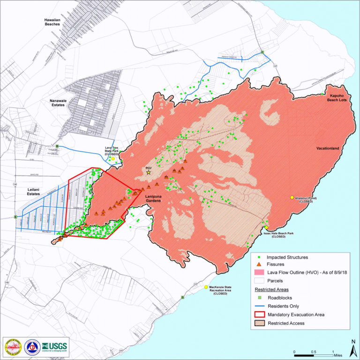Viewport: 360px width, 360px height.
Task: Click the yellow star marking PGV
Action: pyautogui.click(x=149, y=173)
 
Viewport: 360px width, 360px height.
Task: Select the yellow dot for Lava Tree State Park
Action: pyautogui.click(x=113, y=159)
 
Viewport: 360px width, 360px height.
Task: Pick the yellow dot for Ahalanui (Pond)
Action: pyautogui.click(x=292, y=198)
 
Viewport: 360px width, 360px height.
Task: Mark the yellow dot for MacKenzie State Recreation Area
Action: pyautogui.click(x=206, y=287)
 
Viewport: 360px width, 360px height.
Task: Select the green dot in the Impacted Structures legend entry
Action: pyautogui.click(x=259, y=257)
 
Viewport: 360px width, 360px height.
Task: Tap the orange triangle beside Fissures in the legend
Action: pyautogui.click(x=259, y=265)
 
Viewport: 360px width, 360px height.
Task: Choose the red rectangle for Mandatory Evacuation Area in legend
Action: pyautogui.click(x=259, y=314)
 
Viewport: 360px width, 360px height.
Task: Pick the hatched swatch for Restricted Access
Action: pyautogui.click(x=259, y=323)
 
